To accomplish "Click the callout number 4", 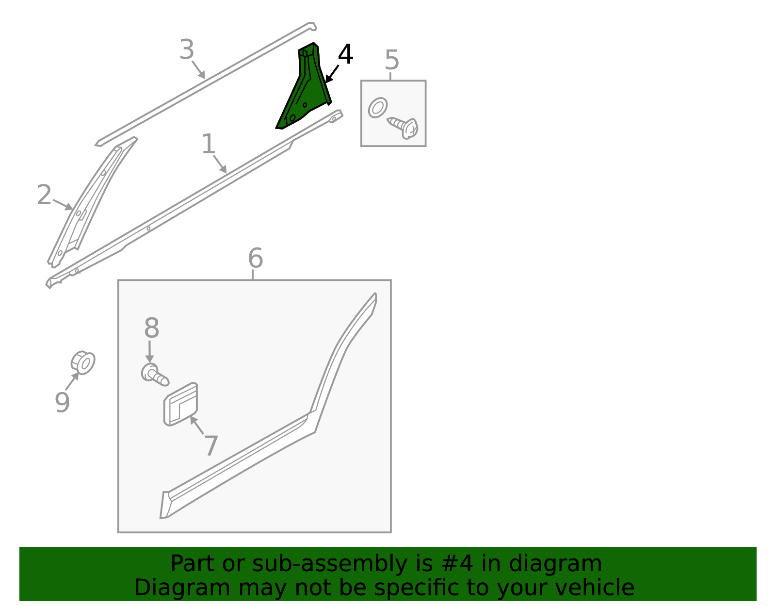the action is pos(345,54).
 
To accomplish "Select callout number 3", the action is pos(187,49).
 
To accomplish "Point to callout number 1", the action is pos(208,144).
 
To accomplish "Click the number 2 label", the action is pos(44,195).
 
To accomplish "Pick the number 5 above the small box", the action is pos(392,60).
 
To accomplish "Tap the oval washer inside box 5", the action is pos(378,108).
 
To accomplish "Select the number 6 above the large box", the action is pos(255,258).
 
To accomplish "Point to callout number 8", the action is pos(151,328).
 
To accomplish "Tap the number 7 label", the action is pos(211,446).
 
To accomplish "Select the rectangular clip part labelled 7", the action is pos(180,404).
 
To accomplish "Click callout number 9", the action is pos(62,402).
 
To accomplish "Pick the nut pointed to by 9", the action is pos(83,363).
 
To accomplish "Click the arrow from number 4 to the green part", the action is pos(332,74).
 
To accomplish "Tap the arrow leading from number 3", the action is pos(198,70).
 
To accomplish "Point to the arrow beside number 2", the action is pos(63,205).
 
